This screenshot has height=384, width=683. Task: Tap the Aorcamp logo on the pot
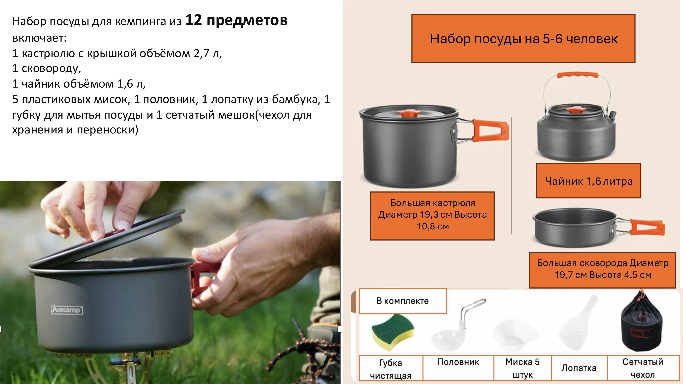point(67,310)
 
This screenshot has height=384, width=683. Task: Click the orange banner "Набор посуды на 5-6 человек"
point(523,38)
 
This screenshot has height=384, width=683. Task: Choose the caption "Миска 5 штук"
point(522,368)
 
